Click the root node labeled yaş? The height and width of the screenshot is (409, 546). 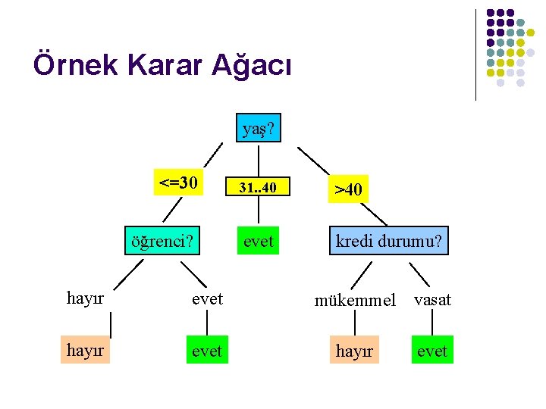point(259,130)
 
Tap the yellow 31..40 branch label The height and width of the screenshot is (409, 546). point(259,187)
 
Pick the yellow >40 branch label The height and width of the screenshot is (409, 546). point(349,189)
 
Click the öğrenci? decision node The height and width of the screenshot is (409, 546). point(162,242)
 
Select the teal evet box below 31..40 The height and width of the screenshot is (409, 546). point(259,242)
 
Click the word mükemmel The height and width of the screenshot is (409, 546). point(355,301)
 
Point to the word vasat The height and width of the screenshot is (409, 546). point(432,300)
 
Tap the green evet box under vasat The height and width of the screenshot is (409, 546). point(432,351)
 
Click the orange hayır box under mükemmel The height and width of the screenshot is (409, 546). point(355,351)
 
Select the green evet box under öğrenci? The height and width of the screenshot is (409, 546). point(207,351)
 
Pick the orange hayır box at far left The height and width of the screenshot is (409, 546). point(85,351)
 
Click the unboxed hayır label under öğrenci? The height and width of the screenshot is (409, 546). point(85,299)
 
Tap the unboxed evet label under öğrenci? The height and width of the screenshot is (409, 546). point(207,299)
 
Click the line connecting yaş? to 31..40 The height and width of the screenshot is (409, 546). point(259,160)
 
